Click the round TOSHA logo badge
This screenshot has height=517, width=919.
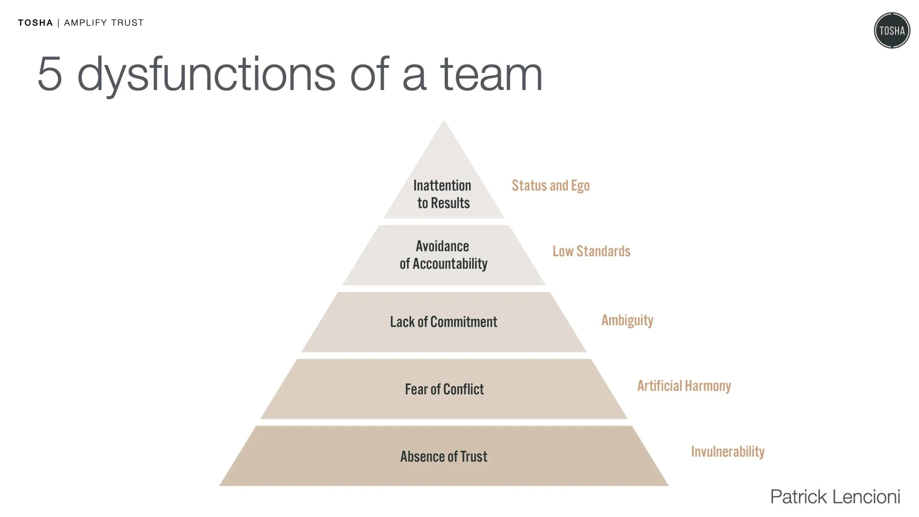tap(892, 31)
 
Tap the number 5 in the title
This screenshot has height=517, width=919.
tap(50, 74)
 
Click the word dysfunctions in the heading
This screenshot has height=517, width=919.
tap(206, 75)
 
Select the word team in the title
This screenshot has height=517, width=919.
tap(491, 75)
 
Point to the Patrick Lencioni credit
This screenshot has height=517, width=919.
tap(835, 497)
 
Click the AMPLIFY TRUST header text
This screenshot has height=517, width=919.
tap(104, 23)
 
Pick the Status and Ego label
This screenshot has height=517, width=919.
tap(550, 186)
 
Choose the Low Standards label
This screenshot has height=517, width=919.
tap(591, 251)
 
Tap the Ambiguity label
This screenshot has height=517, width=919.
tap(627, 320)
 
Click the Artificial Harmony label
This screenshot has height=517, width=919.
tap(684, 386)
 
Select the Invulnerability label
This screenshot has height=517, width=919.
tap(728, 452)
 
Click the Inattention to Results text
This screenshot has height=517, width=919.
tap(443, 194)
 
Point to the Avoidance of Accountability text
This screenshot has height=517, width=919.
tap(443, 255)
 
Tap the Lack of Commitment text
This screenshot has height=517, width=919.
tap(443, 322)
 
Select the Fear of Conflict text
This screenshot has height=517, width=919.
tap(444, 389)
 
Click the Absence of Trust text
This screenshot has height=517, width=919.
tap(444, 457)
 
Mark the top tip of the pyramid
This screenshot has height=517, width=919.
tap(444, 122)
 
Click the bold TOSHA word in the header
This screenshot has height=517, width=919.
tap(35, 23)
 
